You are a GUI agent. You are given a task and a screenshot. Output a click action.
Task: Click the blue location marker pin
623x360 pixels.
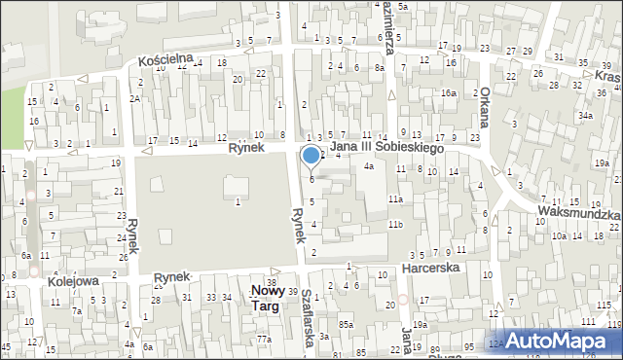point(311,156)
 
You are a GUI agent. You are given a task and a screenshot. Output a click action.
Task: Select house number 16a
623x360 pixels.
point(448,92)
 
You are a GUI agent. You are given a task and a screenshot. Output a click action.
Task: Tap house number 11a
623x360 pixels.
point(394,199)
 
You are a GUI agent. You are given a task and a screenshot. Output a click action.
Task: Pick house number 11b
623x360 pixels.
point(394,225)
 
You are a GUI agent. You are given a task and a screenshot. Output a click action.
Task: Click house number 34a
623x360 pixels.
point(584,115)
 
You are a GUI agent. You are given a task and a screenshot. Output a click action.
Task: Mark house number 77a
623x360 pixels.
point(264,339)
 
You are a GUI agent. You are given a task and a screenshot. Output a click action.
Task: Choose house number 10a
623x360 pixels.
point(559,235)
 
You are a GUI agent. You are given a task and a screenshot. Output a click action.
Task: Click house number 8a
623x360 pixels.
point(380,68)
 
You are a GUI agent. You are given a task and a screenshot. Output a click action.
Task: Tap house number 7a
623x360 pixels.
point(77,311)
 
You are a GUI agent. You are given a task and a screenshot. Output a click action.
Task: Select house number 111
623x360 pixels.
point(587,320)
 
